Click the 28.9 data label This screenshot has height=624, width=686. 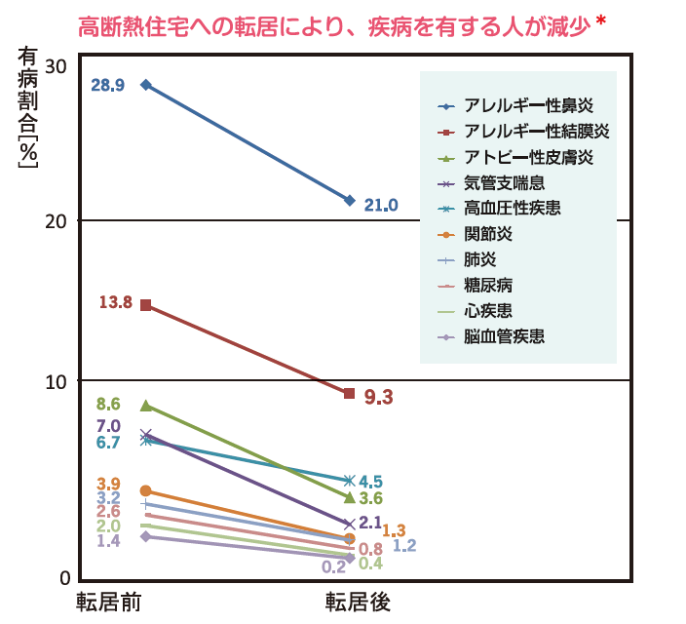tap(107, 86)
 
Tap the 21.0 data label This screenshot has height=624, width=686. tap(381, 205)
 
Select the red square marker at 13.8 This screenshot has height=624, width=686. tap(146, 305)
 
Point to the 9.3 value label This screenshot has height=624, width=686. tap(378, 397)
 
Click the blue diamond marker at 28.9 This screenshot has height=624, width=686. tap(146, 85)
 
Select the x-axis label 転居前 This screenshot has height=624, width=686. tap(110, 601)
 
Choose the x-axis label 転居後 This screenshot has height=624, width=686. tap(358, 601)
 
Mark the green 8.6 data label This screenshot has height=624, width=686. tap(108, 405)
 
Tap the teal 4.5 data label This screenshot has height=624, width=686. tap(370, 482)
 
